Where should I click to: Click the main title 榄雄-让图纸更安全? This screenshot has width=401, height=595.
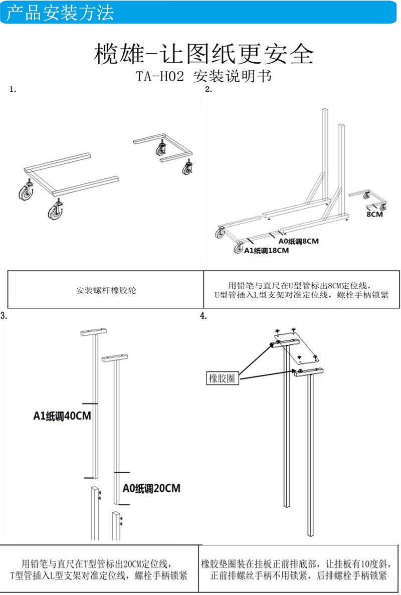coord(204,54)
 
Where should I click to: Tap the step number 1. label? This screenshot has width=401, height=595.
coord(13,90)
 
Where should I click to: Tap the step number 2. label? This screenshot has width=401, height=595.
coord(209,90)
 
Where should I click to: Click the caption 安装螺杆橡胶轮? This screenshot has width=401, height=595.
coord(106,290)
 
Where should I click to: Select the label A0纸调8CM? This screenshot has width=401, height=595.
coord(298,241)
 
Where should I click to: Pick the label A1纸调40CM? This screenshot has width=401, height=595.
coord(62,416)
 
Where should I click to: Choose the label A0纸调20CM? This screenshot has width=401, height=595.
coord(151,488)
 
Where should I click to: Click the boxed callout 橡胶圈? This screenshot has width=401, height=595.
coord(222,378)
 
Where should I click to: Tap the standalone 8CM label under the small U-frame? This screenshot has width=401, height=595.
coord(374,214)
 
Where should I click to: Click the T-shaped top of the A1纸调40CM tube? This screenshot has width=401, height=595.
coord(94,332)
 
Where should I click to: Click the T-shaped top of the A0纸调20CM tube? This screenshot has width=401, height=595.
coord(115,358)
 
